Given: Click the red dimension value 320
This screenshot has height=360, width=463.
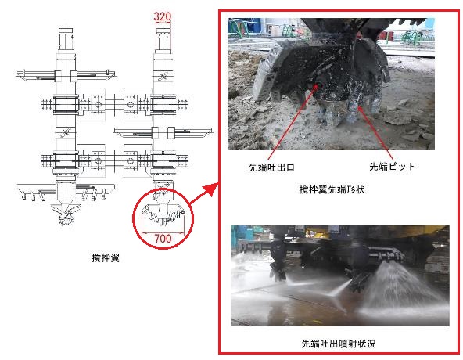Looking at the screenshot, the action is click(162, 16).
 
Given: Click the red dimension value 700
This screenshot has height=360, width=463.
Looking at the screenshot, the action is click(163, 239).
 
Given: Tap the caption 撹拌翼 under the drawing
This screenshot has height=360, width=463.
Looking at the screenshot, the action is click(106, 258).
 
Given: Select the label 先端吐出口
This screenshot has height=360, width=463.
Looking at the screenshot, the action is click(271, 167).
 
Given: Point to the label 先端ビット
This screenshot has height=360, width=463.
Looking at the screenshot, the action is click(392, 167).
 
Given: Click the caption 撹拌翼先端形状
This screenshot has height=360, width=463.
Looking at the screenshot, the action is click(332, 189).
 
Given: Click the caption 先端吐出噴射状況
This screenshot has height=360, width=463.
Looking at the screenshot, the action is click(339, 344).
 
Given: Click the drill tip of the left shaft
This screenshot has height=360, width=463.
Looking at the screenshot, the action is click(66, 214).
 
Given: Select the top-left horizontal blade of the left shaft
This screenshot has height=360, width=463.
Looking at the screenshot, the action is click(36, 76).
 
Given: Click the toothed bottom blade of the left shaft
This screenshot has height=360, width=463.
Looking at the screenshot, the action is click(66, 192).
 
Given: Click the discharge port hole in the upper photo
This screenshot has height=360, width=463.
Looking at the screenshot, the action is click(317, 85).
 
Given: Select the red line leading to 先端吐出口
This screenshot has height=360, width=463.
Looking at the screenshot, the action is click(293, 122).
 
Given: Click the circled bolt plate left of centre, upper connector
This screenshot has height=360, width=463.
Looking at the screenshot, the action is click(99, 104).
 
